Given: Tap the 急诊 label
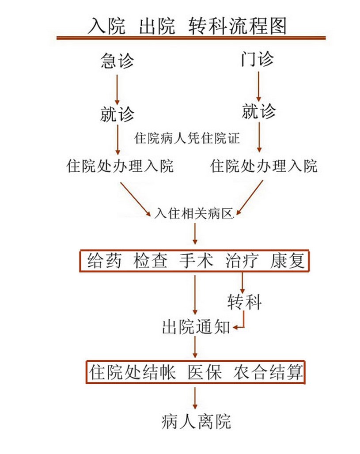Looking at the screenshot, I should (117, 61).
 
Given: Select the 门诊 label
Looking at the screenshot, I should (258, 60).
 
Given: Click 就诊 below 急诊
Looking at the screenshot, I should (117, 114).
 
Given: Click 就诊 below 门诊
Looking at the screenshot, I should (258, 110).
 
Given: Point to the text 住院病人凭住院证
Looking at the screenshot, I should (187, 139).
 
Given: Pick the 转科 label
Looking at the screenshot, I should (244, 302).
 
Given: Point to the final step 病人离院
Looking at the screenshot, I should (196, 421).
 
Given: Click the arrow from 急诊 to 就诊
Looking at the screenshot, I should (117, 88).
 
